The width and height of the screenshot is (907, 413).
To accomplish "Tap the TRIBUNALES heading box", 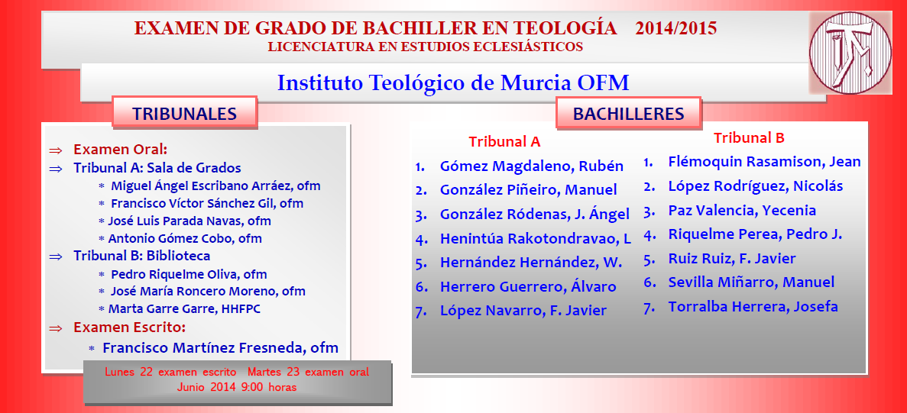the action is [184, 112].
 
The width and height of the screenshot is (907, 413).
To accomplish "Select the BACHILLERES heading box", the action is [629, 112].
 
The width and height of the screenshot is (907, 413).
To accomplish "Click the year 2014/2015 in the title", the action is [675, 27].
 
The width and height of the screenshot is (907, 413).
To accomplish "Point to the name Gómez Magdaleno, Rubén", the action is [532, 166].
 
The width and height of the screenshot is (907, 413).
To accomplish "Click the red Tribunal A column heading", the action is [504, 141].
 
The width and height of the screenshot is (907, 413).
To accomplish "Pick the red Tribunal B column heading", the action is [749, 138].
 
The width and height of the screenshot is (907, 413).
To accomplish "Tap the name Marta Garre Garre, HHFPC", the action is [184, 309].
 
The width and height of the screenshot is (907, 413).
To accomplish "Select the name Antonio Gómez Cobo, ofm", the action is [185, 238].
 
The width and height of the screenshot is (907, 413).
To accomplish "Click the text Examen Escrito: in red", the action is [130, 327].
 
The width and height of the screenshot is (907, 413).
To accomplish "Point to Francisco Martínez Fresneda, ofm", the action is [220, 348].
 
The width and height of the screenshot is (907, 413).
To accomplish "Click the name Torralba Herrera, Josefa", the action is [753, 306].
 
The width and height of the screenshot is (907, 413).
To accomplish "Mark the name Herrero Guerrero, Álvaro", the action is [528, 286].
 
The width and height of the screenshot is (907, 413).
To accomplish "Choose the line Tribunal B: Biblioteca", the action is [141, 255].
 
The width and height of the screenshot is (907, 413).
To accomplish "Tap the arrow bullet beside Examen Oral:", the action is [56, 150].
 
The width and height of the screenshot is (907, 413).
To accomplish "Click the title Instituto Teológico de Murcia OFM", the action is [453, 83].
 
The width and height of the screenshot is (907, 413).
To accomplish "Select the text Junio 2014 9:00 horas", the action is [237, 387].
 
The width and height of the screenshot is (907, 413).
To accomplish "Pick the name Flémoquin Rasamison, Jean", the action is [765, 162].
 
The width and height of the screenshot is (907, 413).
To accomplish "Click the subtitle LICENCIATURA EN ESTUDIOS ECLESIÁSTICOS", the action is [425, 47].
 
